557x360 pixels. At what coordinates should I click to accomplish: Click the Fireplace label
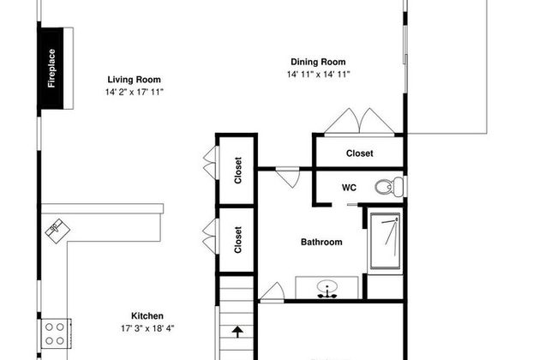pyautogui.click(x=51, y=69)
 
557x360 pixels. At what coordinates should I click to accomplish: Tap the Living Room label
pyautogui.click(x=134, y=80)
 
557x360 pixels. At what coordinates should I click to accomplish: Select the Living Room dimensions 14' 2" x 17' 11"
pyautogui.click(x=135, y=92)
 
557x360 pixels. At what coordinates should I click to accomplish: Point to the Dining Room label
pyautogui.click(x=318, y=62)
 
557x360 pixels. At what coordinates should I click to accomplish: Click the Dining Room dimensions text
pyautogui.click(x=319, y=75)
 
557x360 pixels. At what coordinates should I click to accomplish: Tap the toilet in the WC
pyautogui.click(x=389, y=187)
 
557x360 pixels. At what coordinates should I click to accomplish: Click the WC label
pyautogui.click(x=349, y=188)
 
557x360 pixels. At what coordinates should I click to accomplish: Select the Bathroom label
pyautogui.click(x=321, y=242)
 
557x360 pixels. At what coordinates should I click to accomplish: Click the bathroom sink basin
pyautogui.click(x=327, y=287)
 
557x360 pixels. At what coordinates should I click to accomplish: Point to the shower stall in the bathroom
pyautogui.click(x=385, y=241)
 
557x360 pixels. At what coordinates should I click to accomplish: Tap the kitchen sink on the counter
pyautogui.click(x=57, y=231)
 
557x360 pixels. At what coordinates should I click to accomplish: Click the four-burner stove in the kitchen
pyautogui.click(x=56, y=333)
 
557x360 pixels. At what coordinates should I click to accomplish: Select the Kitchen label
pyautogui.click(x=147, y=316)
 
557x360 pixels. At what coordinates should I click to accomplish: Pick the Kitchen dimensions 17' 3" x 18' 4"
pyautogui.click(x=147, y=328)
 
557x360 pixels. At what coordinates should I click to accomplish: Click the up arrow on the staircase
pyautogui.click(x=237, y=332)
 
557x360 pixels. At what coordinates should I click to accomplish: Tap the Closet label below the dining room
pyautogui.click(x=360, y=153)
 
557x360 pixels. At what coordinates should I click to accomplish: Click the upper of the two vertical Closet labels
pyautogui.click(x=238, y=171)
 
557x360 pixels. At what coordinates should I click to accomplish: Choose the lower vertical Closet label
pyautogui.click(x=238, y=239)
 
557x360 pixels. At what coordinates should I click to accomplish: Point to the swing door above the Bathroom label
pyautogui.click(x=289, y=177)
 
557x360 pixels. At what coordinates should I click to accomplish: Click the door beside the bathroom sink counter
pyautogui.click(x=273, y=292)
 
